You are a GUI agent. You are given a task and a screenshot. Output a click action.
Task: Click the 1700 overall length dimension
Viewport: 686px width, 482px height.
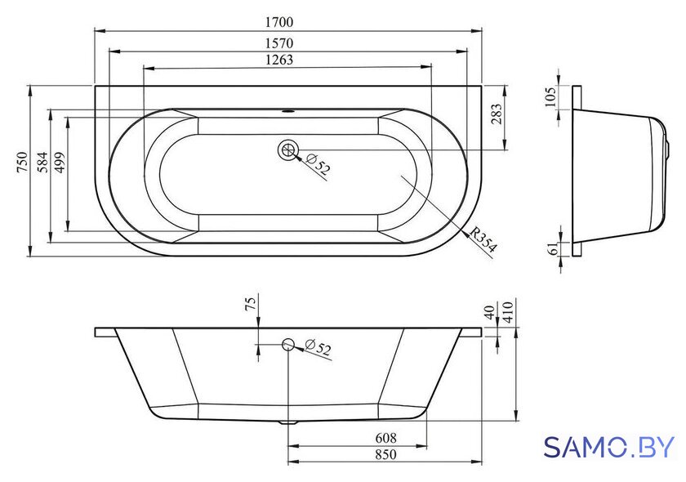[279, 22]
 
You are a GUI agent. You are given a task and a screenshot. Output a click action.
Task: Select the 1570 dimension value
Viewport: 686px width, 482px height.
[279, 43]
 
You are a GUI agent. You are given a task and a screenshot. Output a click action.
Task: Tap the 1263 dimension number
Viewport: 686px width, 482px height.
[279, 60]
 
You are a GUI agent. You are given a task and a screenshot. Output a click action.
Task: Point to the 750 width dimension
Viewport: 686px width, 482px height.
[22, 162]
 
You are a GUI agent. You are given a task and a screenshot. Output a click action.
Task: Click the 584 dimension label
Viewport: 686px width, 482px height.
[42, 162]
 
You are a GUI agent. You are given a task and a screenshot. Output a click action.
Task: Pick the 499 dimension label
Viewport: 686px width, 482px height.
[59, 162]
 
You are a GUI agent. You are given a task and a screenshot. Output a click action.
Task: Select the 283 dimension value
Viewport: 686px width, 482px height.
[497, 114]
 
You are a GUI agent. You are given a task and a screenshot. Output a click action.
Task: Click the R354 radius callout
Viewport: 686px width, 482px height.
[483, 240]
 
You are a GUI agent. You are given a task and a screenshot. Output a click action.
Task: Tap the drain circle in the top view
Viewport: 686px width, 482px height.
[288, 150]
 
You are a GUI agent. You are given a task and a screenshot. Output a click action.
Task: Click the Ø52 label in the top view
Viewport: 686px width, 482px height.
[318, 164]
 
